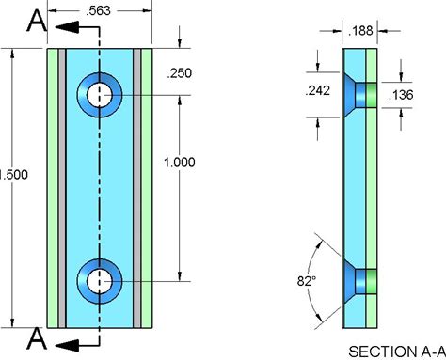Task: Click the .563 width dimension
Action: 98,10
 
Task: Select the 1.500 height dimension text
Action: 14,175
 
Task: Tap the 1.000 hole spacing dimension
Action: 180,163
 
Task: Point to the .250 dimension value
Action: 179,73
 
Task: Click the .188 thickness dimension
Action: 360,31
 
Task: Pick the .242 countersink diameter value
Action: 318,91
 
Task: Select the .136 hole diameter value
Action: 401,95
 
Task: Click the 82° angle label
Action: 307,281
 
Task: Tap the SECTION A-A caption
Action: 397,352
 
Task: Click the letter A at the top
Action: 37,21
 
